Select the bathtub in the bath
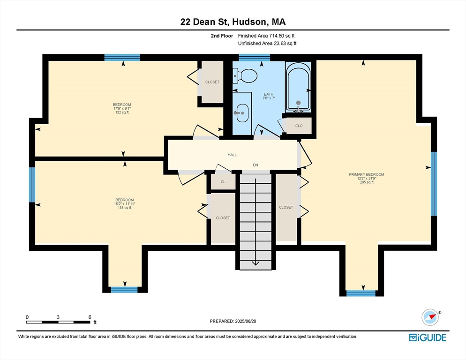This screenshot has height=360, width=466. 298,90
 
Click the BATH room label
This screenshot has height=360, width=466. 268,95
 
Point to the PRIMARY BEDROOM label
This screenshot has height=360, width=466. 366,174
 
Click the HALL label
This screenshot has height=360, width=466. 233,155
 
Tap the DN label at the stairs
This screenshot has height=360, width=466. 256,165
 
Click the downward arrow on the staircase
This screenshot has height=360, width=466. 256,262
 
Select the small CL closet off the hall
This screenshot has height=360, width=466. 223,181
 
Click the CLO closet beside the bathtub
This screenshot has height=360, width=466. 299,126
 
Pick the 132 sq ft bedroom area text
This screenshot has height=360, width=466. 121,112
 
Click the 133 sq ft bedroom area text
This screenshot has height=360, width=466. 125,208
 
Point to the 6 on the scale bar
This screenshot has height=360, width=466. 89,317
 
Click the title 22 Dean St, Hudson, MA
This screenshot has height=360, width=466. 233,22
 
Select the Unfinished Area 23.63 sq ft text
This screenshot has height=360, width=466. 267,44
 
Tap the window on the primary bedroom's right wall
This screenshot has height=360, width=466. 434,183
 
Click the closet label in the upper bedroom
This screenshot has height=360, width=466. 212,82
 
